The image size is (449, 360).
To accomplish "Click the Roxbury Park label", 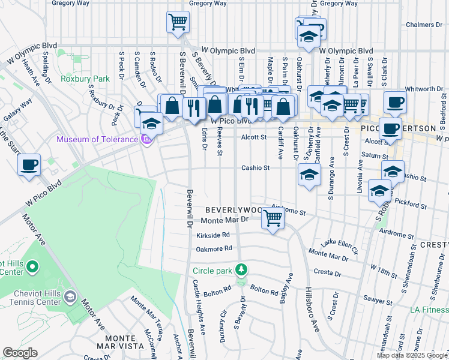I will [x=85, y=79].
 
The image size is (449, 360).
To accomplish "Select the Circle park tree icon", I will [x=241, y=270].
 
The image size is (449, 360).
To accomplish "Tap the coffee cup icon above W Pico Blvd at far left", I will [x=29, y=164].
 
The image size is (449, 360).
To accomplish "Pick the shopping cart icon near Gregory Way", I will [x=178, y=23].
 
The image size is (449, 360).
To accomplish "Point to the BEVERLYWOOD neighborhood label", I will [x=234, y=211].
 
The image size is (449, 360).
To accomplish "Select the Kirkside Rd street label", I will [x=213, y=235].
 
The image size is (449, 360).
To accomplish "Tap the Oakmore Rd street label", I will [x=214, y=248].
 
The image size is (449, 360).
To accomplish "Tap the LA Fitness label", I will [x=429, y=310].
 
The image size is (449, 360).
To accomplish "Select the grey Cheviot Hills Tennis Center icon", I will [x=70, y=297].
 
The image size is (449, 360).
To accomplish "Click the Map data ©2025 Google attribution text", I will [x=412, y=355].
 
